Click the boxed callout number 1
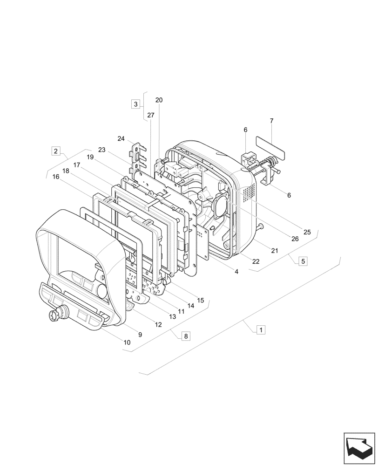click(261, 329)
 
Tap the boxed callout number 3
click(135, 104)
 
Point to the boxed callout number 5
click(303, 261)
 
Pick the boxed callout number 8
click(186, 336)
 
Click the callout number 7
click(272, 121)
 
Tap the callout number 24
click(121, 139)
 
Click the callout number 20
click(159, 100)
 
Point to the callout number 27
click(150, 115)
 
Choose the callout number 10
click(127, 343)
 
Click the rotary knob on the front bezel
click(54, 315)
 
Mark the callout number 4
click(236, 271)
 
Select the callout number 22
click(256, 261)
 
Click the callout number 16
click(56, 177)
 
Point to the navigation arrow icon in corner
click(359, 447)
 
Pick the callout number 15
click(200, 301)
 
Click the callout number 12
click(158, 324)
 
